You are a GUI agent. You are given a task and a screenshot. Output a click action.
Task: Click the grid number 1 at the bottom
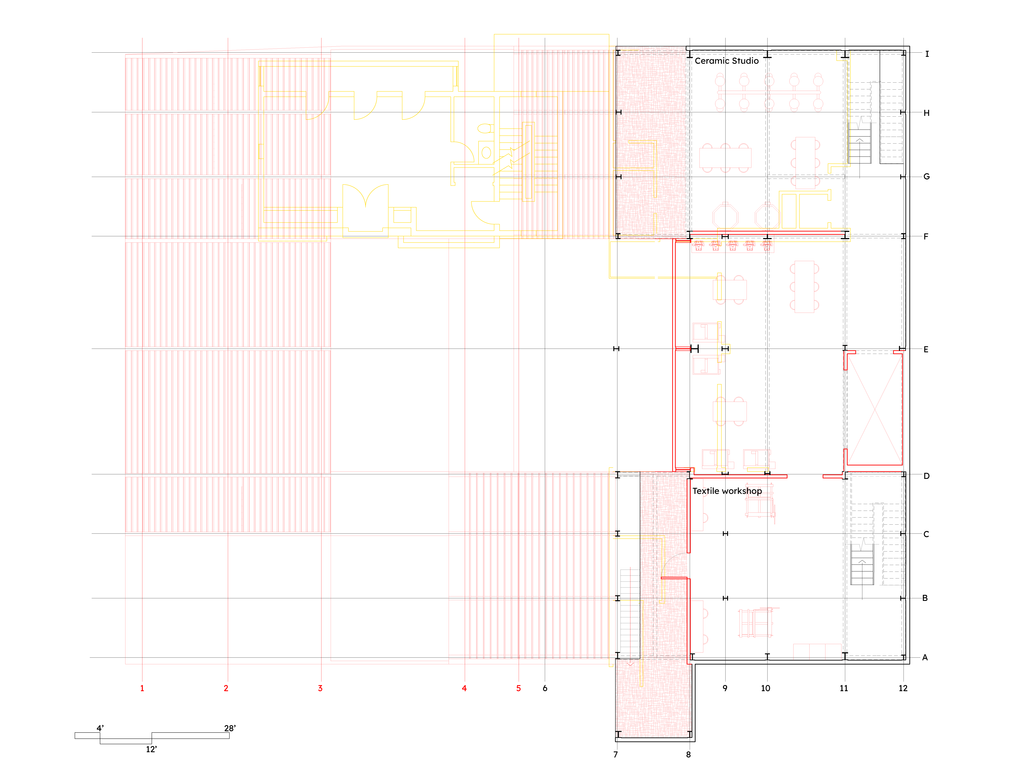(x=142, y=688)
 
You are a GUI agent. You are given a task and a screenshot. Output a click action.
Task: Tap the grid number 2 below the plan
(x=226, y=688)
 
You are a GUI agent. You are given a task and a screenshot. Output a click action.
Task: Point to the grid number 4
(x=464, y=688)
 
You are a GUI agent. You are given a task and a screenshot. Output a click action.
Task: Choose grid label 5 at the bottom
(x=518, y=688)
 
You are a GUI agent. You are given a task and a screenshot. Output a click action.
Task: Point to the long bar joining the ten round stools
(x=769, y=92)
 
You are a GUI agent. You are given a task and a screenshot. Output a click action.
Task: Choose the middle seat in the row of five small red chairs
(x=733, y=246)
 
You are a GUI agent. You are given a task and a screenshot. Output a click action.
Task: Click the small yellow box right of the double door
(x=402, y=216)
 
